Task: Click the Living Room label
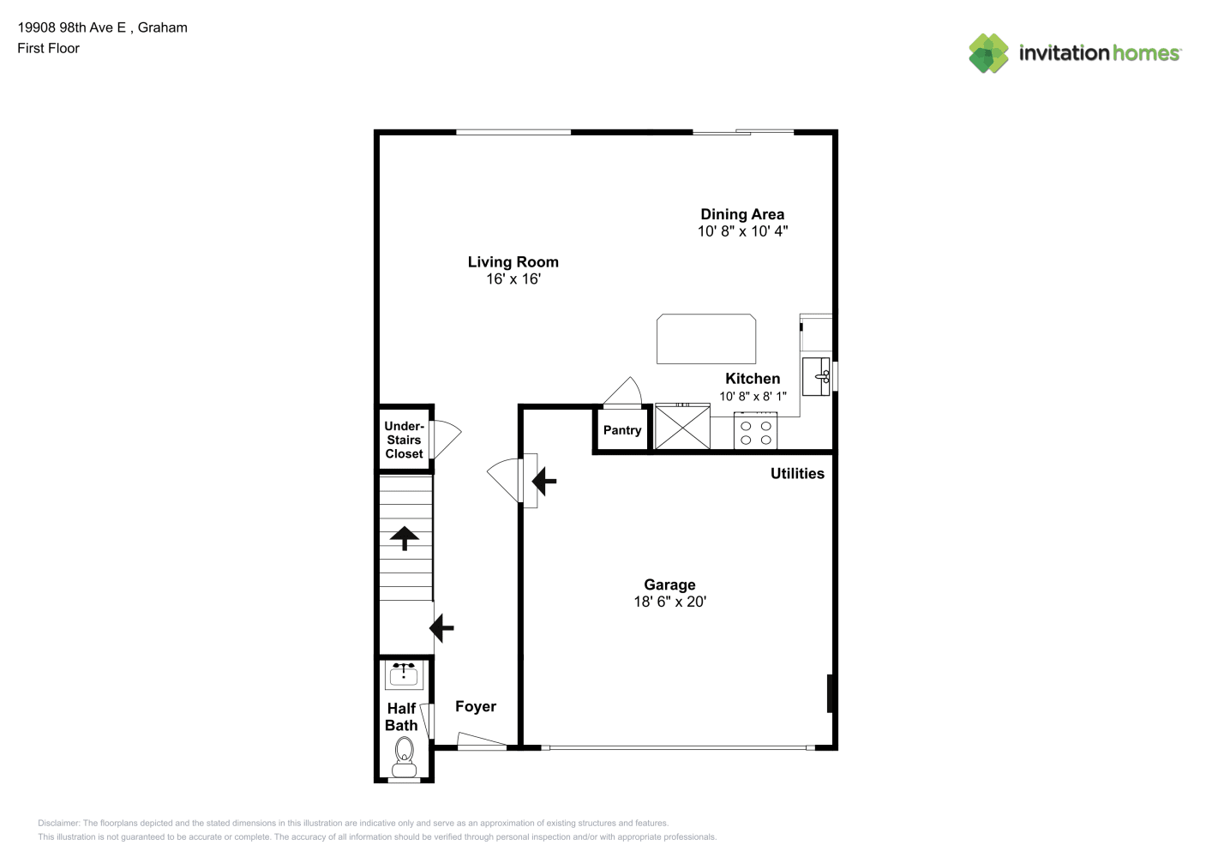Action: [x=513, y=262]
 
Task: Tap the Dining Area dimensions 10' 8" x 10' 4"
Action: [x=742, y=231]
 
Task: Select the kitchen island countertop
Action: [x=706, y=339]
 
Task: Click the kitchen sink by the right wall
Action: [x=816, y=376]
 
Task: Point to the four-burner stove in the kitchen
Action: [x=755, y=431]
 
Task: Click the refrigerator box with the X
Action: [x=682, y=427]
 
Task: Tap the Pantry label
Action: [x=622, y=430]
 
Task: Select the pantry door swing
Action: [x=623, y=391]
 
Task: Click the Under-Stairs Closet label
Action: [x=405, y=440]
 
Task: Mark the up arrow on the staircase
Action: [x=405, y=538]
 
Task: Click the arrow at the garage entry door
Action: [x=543, y=481]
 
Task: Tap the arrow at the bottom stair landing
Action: [x=441, y=628]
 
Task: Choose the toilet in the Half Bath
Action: [x=405, y=757]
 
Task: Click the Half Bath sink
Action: [x=403, y=674]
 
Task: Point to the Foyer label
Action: [x=476, y=706]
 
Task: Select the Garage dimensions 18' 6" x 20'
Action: [x=669, y=602]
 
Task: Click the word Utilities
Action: [x=797, y=473]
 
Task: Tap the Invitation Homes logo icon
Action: [x=988, y=53]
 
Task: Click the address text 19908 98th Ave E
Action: [x=72, y=27]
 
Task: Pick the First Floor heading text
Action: [x=48, y=48]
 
